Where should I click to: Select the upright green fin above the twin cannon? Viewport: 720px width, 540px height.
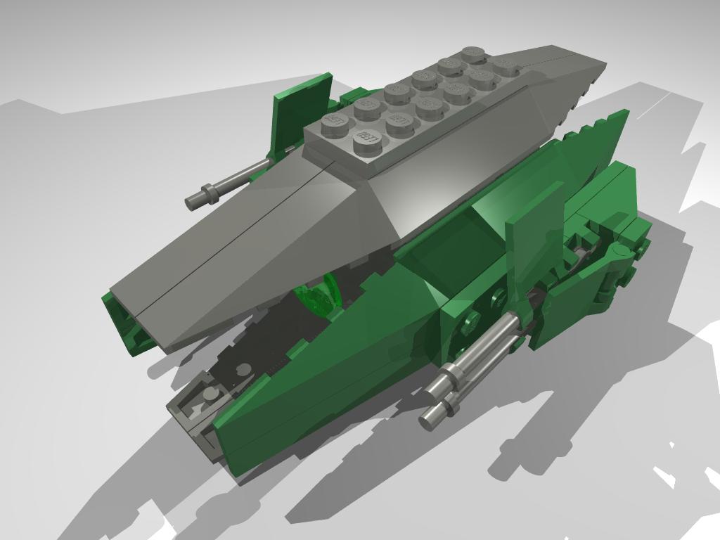[x=534, y=232]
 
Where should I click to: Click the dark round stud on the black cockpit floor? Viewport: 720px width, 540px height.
[x=243, y=369]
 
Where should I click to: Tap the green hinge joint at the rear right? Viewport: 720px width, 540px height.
[x=619, y=260]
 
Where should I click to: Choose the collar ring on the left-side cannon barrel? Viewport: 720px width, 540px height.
[x=209, y=191]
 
